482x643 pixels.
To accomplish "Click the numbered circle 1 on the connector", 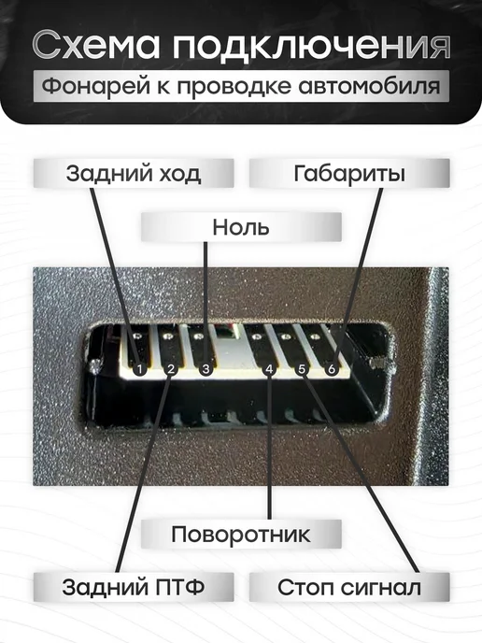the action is (x=140, y=369).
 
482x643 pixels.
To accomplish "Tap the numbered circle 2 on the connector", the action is (x=171, y=369).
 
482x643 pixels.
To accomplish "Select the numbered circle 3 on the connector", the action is (x=206, y=369).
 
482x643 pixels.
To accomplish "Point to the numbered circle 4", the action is (x=269, y=369).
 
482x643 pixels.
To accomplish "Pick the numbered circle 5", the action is (x=302, y=369).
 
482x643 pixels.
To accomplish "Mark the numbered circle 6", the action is (x=332, y=369).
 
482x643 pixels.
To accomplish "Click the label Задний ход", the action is (x=134, y=174).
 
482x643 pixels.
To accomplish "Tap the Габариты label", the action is (x=349, y=174).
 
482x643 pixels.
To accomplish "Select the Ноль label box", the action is (x=241, y=227).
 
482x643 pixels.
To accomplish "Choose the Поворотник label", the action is (x=241, y=534).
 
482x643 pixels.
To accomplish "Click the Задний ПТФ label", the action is (x=134, y=587).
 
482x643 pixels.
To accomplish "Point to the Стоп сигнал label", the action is (x=349, y=587).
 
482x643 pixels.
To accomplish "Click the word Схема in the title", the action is (x=96, y=45).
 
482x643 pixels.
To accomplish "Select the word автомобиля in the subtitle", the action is (x=369, y=87).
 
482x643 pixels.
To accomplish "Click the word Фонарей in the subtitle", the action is (x=96, y=87).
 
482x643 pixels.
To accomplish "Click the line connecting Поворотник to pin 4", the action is (x=269, y=447).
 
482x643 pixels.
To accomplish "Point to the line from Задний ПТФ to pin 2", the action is (x=144, y=474).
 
